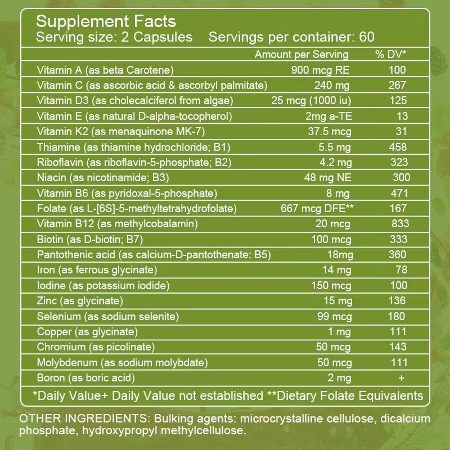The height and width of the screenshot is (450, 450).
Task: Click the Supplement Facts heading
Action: pyautogui.click(x=106, y=22)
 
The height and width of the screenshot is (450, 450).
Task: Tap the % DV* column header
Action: pyautogui.click(x=391, y=55)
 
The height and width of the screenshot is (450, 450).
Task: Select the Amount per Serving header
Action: pyautogui.click(x=301, y=55)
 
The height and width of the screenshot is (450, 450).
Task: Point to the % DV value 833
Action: pyautogui.click(x=399, y=224)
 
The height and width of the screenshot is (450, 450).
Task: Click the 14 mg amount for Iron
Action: pyautogui.click(x=338, y=270)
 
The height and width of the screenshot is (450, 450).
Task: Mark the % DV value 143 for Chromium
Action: pyautogui.click(x=398, y=347)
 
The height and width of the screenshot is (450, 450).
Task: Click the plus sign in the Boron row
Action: pyautogui.click(x=401, y=378)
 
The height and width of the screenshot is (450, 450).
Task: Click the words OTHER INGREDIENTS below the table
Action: pyautogui.click(x=78, y=420)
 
